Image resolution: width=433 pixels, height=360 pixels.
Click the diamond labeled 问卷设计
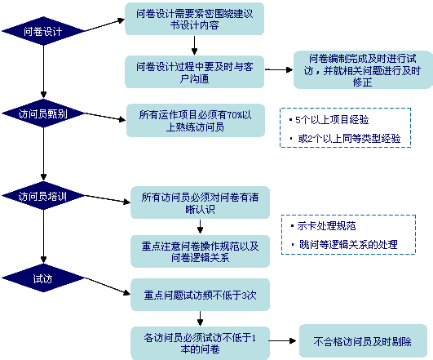[x=42, y=31]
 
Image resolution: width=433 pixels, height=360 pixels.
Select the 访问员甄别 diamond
[x=42, y=113]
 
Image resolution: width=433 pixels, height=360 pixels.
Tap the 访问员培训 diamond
[x=42, y=196]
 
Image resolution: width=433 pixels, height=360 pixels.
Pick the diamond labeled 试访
[x=42, y=278]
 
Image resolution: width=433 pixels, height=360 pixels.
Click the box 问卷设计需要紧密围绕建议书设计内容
[x=195, y=19]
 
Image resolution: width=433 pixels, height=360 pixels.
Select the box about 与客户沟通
[x=195, y=72]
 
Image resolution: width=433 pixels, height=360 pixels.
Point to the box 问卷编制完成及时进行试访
[x=362, y=69]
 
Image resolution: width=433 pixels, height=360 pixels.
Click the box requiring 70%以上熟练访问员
[x=196, y=120]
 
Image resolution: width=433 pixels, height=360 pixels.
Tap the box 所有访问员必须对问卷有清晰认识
[x=201, y=202]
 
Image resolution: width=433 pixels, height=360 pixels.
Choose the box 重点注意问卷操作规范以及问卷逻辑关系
[x=201, y=251]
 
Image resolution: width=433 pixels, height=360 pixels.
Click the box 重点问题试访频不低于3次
[x=201, y=295]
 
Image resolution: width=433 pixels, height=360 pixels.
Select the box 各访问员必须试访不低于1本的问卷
[x=201, y=343]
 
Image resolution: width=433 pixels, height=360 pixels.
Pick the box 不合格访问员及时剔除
[x=363, y=341]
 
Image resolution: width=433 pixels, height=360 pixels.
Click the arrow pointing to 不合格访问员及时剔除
[x=282, y=341]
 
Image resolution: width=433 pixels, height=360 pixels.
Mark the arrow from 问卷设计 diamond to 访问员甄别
[x=43, y=71]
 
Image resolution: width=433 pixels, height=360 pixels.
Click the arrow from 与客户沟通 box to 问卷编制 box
[x=279, y=69]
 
